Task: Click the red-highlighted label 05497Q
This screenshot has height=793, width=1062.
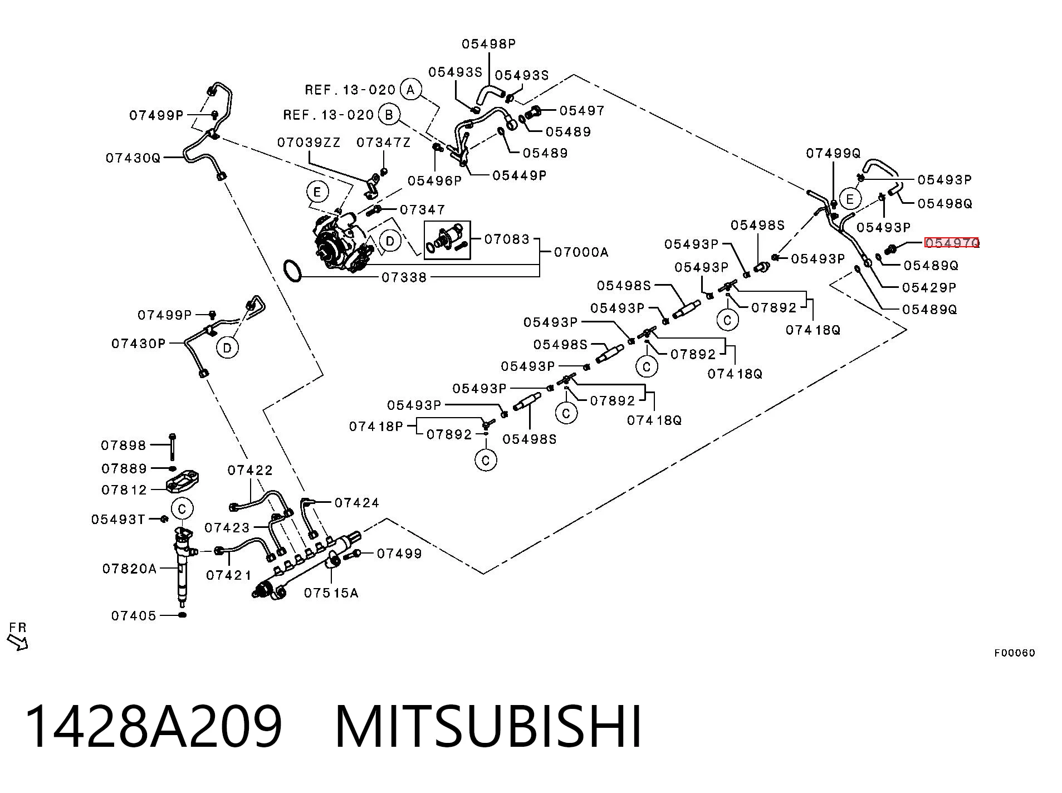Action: pos(951,243)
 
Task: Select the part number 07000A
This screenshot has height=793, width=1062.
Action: pos(581,252)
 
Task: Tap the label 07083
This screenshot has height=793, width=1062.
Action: pos(506,239)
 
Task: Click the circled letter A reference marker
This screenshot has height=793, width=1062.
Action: pos(411,89)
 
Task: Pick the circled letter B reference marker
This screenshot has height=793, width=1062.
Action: pos(389,115)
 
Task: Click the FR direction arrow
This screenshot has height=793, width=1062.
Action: pos(17,642)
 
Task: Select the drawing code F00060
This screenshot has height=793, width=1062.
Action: pos(1014,653)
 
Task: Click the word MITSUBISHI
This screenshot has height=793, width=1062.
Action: pos(488,727)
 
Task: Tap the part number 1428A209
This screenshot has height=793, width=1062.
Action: pos(154,727)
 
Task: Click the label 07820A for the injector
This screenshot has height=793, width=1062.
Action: pos(129,569)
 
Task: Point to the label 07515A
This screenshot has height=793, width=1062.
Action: pos(331,593)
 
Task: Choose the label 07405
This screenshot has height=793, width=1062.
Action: pos(134,615)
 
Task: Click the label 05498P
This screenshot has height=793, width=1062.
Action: pos(488,43)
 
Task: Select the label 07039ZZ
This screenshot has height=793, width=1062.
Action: pos(309,143)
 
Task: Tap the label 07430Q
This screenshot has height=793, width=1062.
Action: pos(133,158)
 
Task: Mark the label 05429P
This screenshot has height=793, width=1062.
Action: pos(929,287)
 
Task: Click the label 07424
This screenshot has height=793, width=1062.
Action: pos(356,503)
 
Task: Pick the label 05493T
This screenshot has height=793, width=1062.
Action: pos(118,520)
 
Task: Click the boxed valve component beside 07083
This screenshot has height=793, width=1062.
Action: pos(447,240)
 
